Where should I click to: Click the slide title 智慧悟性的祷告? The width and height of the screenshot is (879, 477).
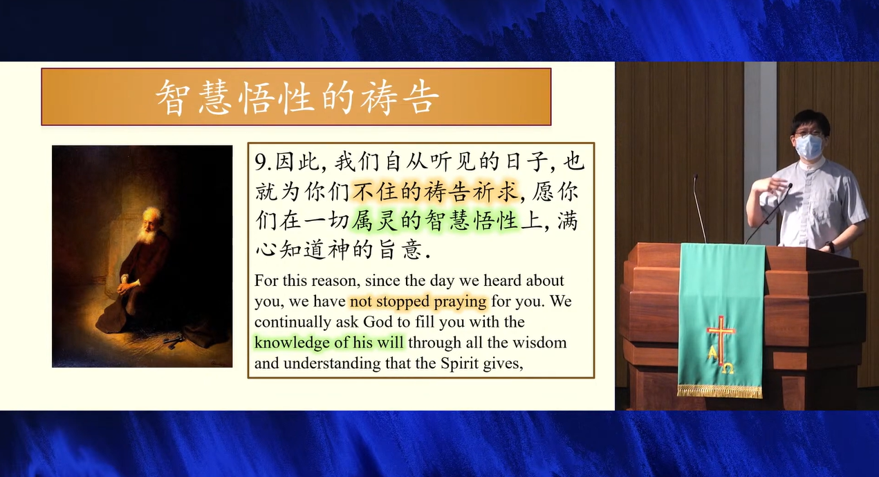click(297, 97)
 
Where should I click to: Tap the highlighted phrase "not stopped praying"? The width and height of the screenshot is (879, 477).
click(418, 302)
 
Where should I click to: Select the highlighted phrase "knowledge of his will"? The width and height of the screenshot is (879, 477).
click(329, 343)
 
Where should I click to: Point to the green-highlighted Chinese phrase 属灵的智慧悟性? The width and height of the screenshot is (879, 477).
click(435, 220)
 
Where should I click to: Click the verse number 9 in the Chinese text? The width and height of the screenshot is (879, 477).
click(260, 161)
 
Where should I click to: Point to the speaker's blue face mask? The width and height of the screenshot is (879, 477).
click(808, 147)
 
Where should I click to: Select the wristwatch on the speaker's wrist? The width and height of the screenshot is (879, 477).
click(830, 246)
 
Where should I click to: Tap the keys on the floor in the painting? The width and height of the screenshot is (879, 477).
click(173, 341)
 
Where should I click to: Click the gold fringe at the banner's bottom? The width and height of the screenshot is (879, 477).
click(720, 391)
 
